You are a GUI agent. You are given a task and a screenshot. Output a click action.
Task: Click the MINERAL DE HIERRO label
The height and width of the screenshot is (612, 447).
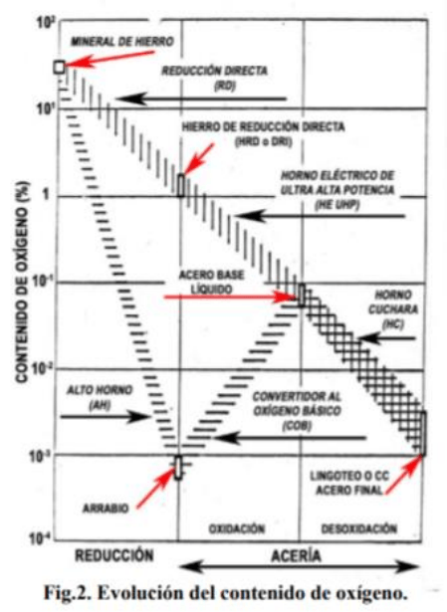pos(122,42)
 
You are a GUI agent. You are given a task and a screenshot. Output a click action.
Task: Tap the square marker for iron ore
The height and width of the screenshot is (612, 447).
pos(59,67)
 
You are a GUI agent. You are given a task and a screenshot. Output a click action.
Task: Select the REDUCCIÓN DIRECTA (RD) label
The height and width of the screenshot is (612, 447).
pos(215,78)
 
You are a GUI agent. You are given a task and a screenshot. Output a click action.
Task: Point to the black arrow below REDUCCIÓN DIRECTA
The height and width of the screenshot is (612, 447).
pos(201,99)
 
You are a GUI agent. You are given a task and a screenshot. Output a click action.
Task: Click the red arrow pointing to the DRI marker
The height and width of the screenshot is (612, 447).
pos(199,158)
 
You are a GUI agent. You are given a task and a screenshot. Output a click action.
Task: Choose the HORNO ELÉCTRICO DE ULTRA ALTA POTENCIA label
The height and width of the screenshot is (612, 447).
pos(337,190)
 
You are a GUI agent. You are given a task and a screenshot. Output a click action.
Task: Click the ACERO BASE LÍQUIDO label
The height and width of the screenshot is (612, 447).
pos(211,282)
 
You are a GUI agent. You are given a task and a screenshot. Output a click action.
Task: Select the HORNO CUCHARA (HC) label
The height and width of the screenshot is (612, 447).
pos(392,309)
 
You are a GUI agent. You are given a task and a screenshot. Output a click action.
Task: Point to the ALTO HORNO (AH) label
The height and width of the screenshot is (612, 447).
pos(100,397)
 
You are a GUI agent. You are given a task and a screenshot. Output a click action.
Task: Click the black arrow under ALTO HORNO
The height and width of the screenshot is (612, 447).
pos(105,416)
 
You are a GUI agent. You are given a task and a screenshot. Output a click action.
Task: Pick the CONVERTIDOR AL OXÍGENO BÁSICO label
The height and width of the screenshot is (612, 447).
pos(297,411)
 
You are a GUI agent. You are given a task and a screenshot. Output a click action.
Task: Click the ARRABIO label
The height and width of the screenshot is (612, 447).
pos(106,509)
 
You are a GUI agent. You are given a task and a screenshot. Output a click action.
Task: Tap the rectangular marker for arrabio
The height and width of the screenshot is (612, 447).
pos(178,467)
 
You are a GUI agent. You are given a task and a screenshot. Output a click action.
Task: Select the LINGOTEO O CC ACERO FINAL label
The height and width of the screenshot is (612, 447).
pos(349,483)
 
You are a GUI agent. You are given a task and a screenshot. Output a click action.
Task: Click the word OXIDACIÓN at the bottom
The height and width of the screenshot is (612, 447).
pos(237,528)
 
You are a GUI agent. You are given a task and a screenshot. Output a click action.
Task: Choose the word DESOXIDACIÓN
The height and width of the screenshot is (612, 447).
pos(359,528)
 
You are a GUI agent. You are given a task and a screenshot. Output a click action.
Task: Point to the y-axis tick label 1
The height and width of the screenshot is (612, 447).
pos(46,194)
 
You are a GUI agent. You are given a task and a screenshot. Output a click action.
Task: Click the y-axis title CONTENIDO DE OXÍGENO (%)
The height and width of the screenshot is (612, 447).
pos(23,282)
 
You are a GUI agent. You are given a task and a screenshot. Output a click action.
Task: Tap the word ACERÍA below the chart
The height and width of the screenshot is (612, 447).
pos(297,556)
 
